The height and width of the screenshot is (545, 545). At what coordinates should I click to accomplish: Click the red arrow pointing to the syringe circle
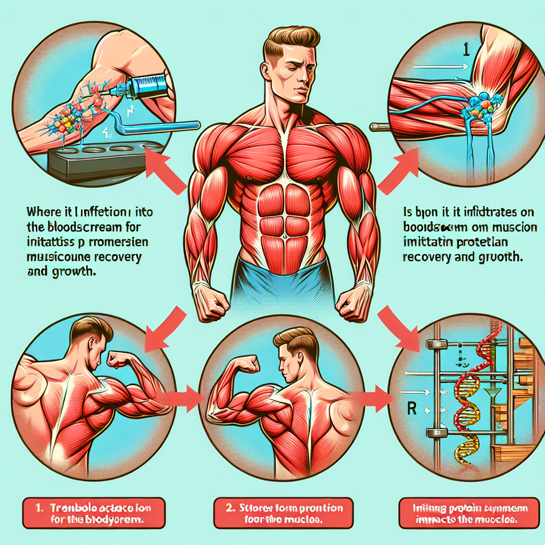[x=165, y=167]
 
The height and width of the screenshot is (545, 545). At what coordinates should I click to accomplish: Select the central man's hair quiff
[x=292, y=38]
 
